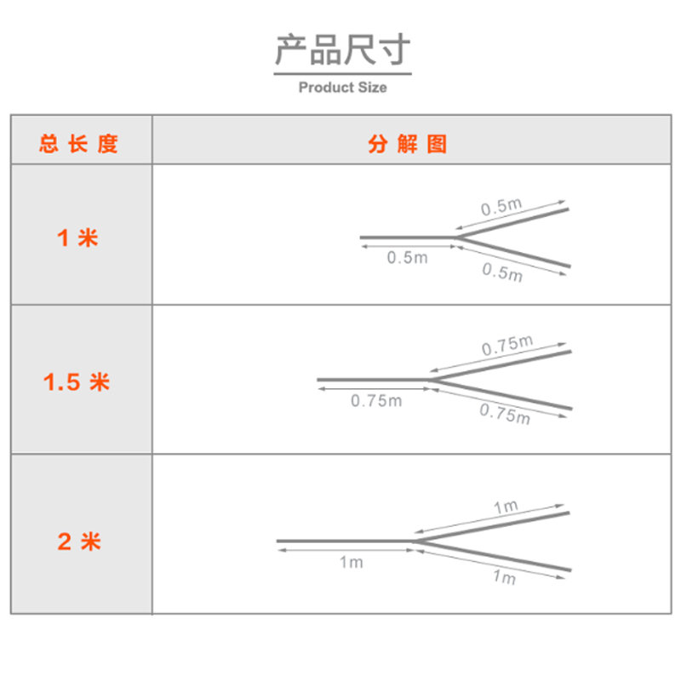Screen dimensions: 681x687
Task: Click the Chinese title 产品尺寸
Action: click(343, 50)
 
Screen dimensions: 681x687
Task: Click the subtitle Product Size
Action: click(343, 88)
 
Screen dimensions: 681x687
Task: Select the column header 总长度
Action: click(79, 144)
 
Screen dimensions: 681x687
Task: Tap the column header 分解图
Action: click(408, 144)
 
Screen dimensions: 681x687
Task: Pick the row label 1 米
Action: click(77, 238)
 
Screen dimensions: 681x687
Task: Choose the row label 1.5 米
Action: click(77, 382)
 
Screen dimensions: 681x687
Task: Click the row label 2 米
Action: click(79, 541)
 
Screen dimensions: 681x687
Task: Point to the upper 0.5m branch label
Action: click(501, 207)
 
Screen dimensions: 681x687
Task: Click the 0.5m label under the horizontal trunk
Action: click(408, 258)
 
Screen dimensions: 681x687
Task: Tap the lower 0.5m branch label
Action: click(502, 272)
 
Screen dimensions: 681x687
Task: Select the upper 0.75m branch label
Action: click(507, 346)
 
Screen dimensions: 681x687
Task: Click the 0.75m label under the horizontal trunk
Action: click(376, 401)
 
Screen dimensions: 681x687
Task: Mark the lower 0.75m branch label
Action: click(505, 414)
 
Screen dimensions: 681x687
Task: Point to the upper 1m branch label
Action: click(506, 507)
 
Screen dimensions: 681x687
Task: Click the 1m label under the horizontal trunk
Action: click(352, 562)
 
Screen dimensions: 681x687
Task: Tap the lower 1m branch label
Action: click(505, 577)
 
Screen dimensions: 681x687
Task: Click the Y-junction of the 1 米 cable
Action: click(456, 238)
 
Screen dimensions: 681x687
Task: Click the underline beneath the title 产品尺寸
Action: click(343, 73)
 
